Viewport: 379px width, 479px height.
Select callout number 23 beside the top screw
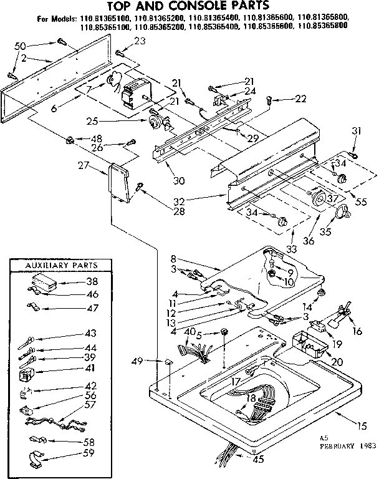(x=139, y=41)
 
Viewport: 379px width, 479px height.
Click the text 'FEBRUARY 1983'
(x=342, y=447)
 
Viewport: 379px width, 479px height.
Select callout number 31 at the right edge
(x=356, y=130)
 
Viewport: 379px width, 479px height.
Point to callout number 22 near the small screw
(x=302, y=99)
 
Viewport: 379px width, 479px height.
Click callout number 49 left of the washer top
(x=138, y=360)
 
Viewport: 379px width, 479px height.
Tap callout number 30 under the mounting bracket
(x=179, y=181)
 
